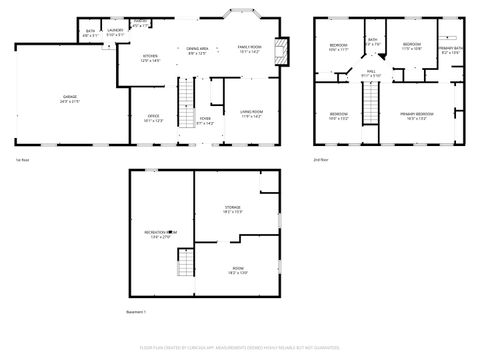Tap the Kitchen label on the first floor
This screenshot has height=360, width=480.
[151, 58]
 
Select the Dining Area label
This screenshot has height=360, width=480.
[196, 50]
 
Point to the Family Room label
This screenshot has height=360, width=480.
[249, 50]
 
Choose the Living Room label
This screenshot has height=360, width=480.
[251, 113]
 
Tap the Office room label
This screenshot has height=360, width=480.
[154, 118]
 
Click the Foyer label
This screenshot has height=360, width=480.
[205, 120]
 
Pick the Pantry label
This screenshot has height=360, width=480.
[141, 24]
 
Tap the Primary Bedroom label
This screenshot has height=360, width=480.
[417, 115]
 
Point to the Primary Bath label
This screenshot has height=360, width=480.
[449, 50]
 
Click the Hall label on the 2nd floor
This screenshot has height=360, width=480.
[370, 73]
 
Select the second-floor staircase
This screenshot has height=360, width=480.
[370, 102]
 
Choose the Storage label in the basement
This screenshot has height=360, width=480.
[233, 209]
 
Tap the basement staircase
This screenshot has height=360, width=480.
[185, 264]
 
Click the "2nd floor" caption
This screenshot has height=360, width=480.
[321, 160]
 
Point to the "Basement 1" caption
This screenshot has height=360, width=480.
[136, 313]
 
